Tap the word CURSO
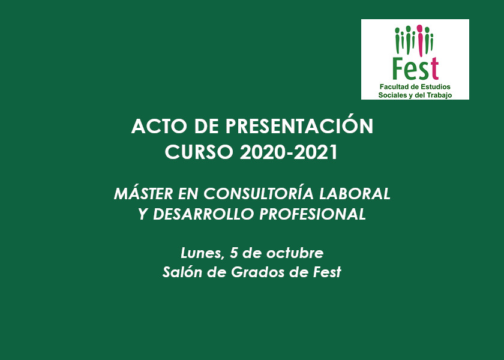(199, 152)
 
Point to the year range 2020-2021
(289, 152)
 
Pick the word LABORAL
(355, 193)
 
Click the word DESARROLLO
(204, 214)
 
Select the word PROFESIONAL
(313, 214)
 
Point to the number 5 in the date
(233, 253)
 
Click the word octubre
(295, 253)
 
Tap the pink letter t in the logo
(434, 68)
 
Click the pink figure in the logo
(420, 41)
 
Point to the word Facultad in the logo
(394, 87)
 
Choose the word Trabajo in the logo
(439, 95)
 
